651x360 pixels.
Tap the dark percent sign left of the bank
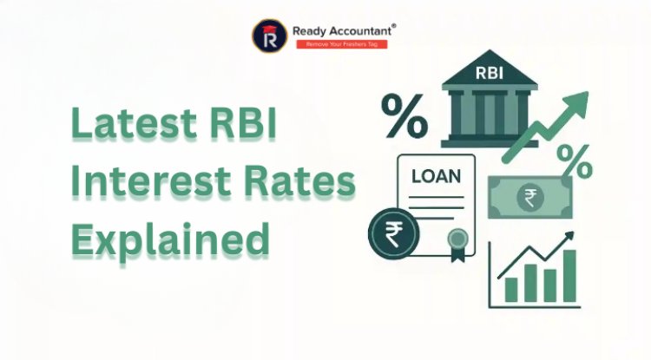(404, 117)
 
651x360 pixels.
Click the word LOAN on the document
(436, 176)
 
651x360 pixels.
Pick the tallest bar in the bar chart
(569, 276)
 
